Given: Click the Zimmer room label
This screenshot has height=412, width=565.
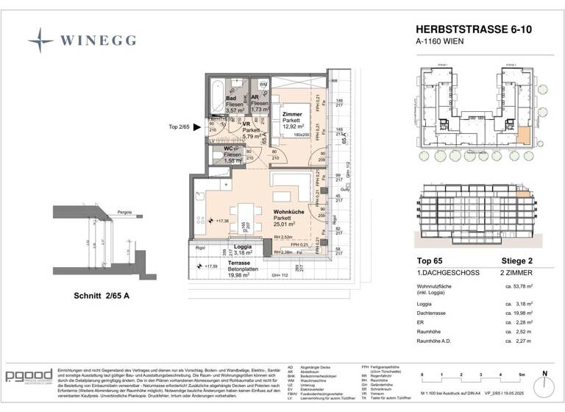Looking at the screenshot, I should [293, 114].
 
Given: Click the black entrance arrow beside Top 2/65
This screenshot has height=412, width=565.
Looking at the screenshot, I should [196, 126].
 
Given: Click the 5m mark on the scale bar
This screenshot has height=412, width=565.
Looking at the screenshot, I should [521, 375].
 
